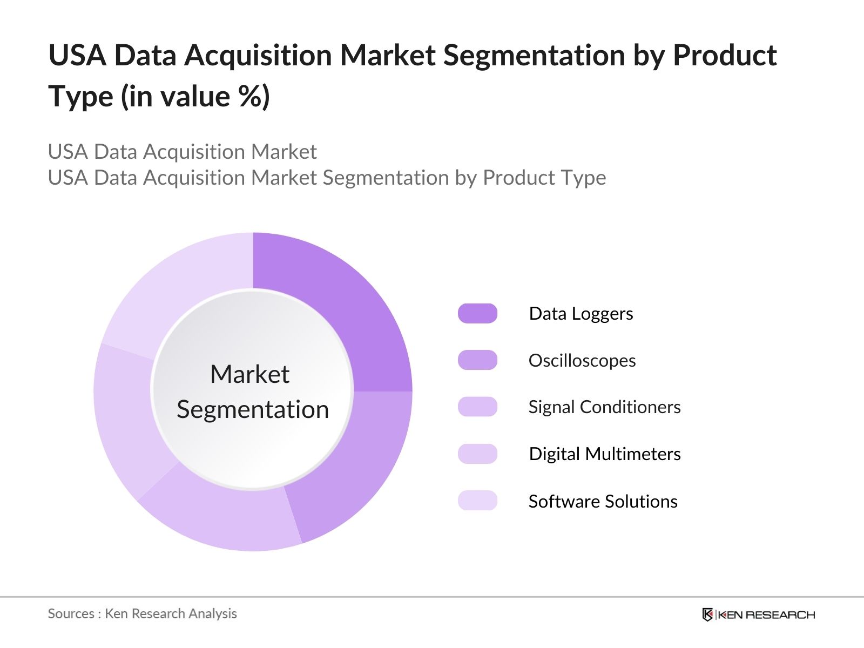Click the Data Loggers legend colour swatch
[x=477, y=314]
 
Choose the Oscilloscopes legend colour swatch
[x=477, y=360]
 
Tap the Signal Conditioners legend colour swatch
[x=477, y=407]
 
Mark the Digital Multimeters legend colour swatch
[x=477, y=454]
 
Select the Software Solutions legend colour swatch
[x=477, y=501]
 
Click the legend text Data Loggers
[x=581, y=314]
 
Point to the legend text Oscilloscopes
[x=582, y=360]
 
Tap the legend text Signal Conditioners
[x=604, y=407]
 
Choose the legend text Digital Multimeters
[x=605, y=454]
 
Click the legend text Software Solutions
[x=603, y=501]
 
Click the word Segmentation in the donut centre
[x=253, y=409]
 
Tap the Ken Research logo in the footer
[x=758, y=615]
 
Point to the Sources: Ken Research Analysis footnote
[x=142, y=613]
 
